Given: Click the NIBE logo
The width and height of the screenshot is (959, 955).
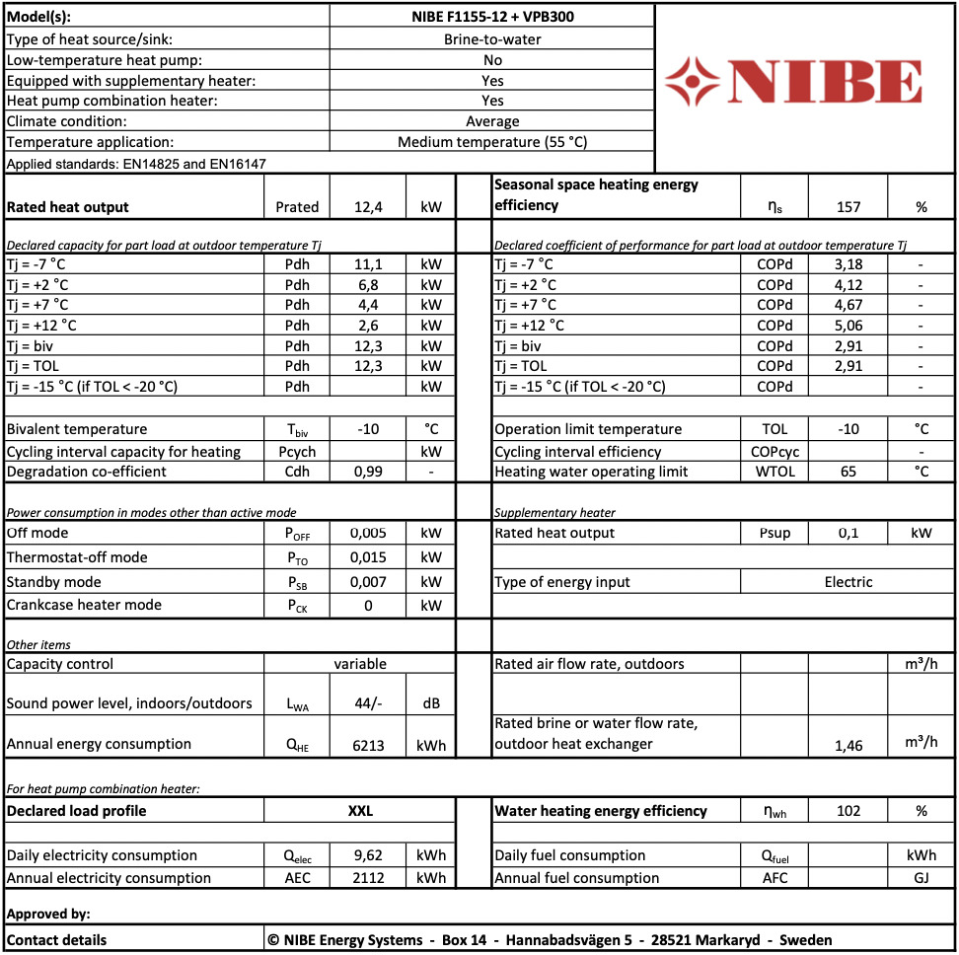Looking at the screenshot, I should pyautogui.click(x=793, y=81).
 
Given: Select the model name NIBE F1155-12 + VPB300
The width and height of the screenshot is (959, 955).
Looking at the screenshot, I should pyautogui.click(x=492, y=16).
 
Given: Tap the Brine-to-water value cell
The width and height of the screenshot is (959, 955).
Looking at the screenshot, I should pyautogui.click(x=492, y=39).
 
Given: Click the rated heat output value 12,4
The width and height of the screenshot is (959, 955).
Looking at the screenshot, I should pyautogui.click(x=368, y=207).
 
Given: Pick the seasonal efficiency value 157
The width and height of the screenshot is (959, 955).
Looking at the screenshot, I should pyautogui.click(x=848, y=207).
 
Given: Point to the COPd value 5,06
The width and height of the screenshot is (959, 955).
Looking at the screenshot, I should pyautogui.click(x=848, y=325).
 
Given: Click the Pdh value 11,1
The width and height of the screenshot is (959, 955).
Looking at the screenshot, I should pyautogui.click(x=368, y=264).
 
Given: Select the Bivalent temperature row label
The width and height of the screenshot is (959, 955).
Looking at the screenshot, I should pyautogui.click(x=77, y=429).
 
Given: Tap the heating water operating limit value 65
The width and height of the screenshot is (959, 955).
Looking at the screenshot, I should pyautogui.click(x=848, y=472).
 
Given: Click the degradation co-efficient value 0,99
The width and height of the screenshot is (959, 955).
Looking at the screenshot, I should pyautogui.click(x=368, y=472).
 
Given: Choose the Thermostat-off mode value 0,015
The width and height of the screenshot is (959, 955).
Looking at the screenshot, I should pyautogui.click(x=368, y=557).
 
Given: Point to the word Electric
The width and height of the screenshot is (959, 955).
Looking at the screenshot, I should pyautogui.click(x=848, y=582).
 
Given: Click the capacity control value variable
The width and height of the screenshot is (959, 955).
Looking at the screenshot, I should pyautogui.click(x=360, y=664).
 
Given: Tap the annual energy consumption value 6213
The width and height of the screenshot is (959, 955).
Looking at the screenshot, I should pyautogui.click(x=368, y=745).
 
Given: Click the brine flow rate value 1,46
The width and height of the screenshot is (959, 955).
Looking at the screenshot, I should pyautogui.click(x=848, y=746).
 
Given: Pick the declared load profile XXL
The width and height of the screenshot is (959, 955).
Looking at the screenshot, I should pyautogui.click(x=360, y=811).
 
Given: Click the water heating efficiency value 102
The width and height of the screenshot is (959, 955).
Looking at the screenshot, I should pyautogui.click(x=848, y=811).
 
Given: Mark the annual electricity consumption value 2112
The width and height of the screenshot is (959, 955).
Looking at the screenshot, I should pyautogui.click(x=368, y=878).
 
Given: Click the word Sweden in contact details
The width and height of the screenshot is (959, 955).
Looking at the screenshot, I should pyautogui.click(x=805, y=940).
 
